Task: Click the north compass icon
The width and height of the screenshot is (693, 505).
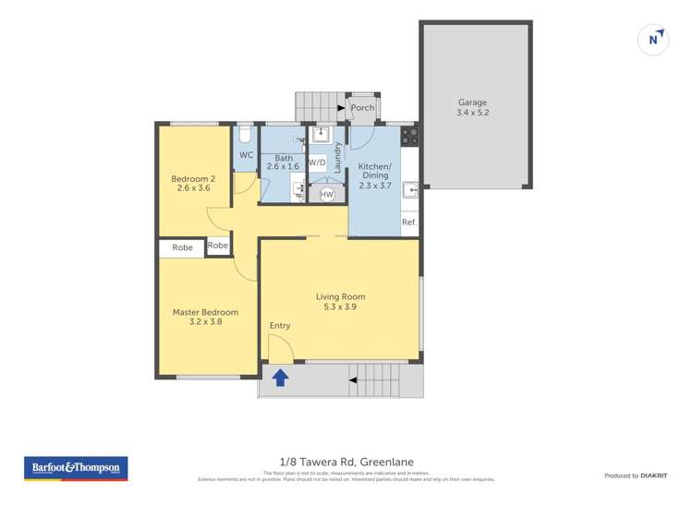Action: click(654, 39)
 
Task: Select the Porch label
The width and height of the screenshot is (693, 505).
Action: click(362, 108)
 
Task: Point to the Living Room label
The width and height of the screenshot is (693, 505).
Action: click(340, 302)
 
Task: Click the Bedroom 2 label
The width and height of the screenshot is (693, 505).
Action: click(193, 183)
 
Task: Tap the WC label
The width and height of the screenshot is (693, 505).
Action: click(246, 155)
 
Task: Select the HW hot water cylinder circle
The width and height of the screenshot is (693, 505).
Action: click(326, 195)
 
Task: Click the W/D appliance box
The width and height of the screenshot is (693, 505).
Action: click(317, 162)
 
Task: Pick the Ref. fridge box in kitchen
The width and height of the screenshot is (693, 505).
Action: click(409, 222)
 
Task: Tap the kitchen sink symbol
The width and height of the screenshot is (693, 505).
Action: click(409, 192)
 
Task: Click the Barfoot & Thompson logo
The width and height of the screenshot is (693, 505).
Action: click(76, 468)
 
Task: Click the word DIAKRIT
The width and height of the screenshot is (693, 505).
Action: click(653, 475)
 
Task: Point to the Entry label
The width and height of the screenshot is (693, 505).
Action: click(279, 326)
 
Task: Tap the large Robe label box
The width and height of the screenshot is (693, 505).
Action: click(182, 247)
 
